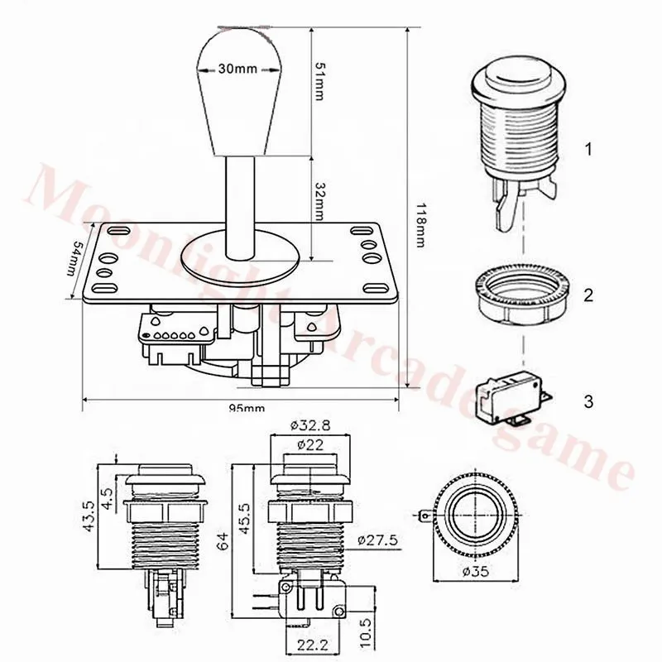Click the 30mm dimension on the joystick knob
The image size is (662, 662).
coord(237,69)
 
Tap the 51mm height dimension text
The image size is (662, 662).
coord(319,82)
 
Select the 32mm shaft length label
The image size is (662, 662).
coord(320,201)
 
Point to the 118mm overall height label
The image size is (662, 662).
coord(420,225)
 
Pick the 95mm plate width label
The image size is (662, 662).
coord(247,408)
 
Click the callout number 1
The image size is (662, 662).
coord(588,149)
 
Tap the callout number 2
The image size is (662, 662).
coord(588,295)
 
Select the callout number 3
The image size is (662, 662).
coord(588,401)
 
